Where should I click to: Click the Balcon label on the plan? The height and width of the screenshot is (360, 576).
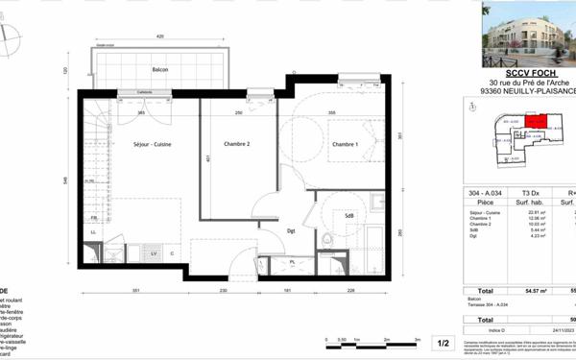pyautogui.click(x=160, y=70)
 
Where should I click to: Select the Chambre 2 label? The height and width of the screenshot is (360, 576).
pyautogui.click(x=237, y=144)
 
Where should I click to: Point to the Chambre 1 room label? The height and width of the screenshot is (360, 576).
pyautogui.click(x=346, y=144)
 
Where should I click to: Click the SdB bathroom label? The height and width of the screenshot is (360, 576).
pyautogui.click(x=348, y=215)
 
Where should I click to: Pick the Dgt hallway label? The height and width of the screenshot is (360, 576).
pyautogui.click(x=291, y=230)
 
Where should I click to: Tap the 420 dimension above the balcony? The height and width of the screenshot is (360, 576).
pyautogui.click(x=159, y=36)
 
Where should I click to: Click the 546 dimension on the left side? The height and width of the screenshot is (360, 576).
pyautogui.click(x=65, y=180)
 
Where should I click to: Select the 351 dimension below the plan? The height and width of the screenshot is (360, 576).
pyautogui.click(x=136, y=290)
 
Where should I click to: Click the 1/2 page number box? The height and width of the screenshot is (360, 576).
pyautogui.click(x=444, y=343)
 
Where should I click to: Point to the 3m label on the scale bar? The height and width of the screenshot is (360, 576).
pyautogui.click(x=418, y=340)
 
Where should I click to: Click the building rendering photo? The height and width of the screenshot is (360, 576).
pyautogui.click(x=528, y=35)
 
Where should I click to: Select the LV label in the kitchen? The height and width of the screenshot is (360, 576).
pyautogui.click(x=154, y=253)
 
